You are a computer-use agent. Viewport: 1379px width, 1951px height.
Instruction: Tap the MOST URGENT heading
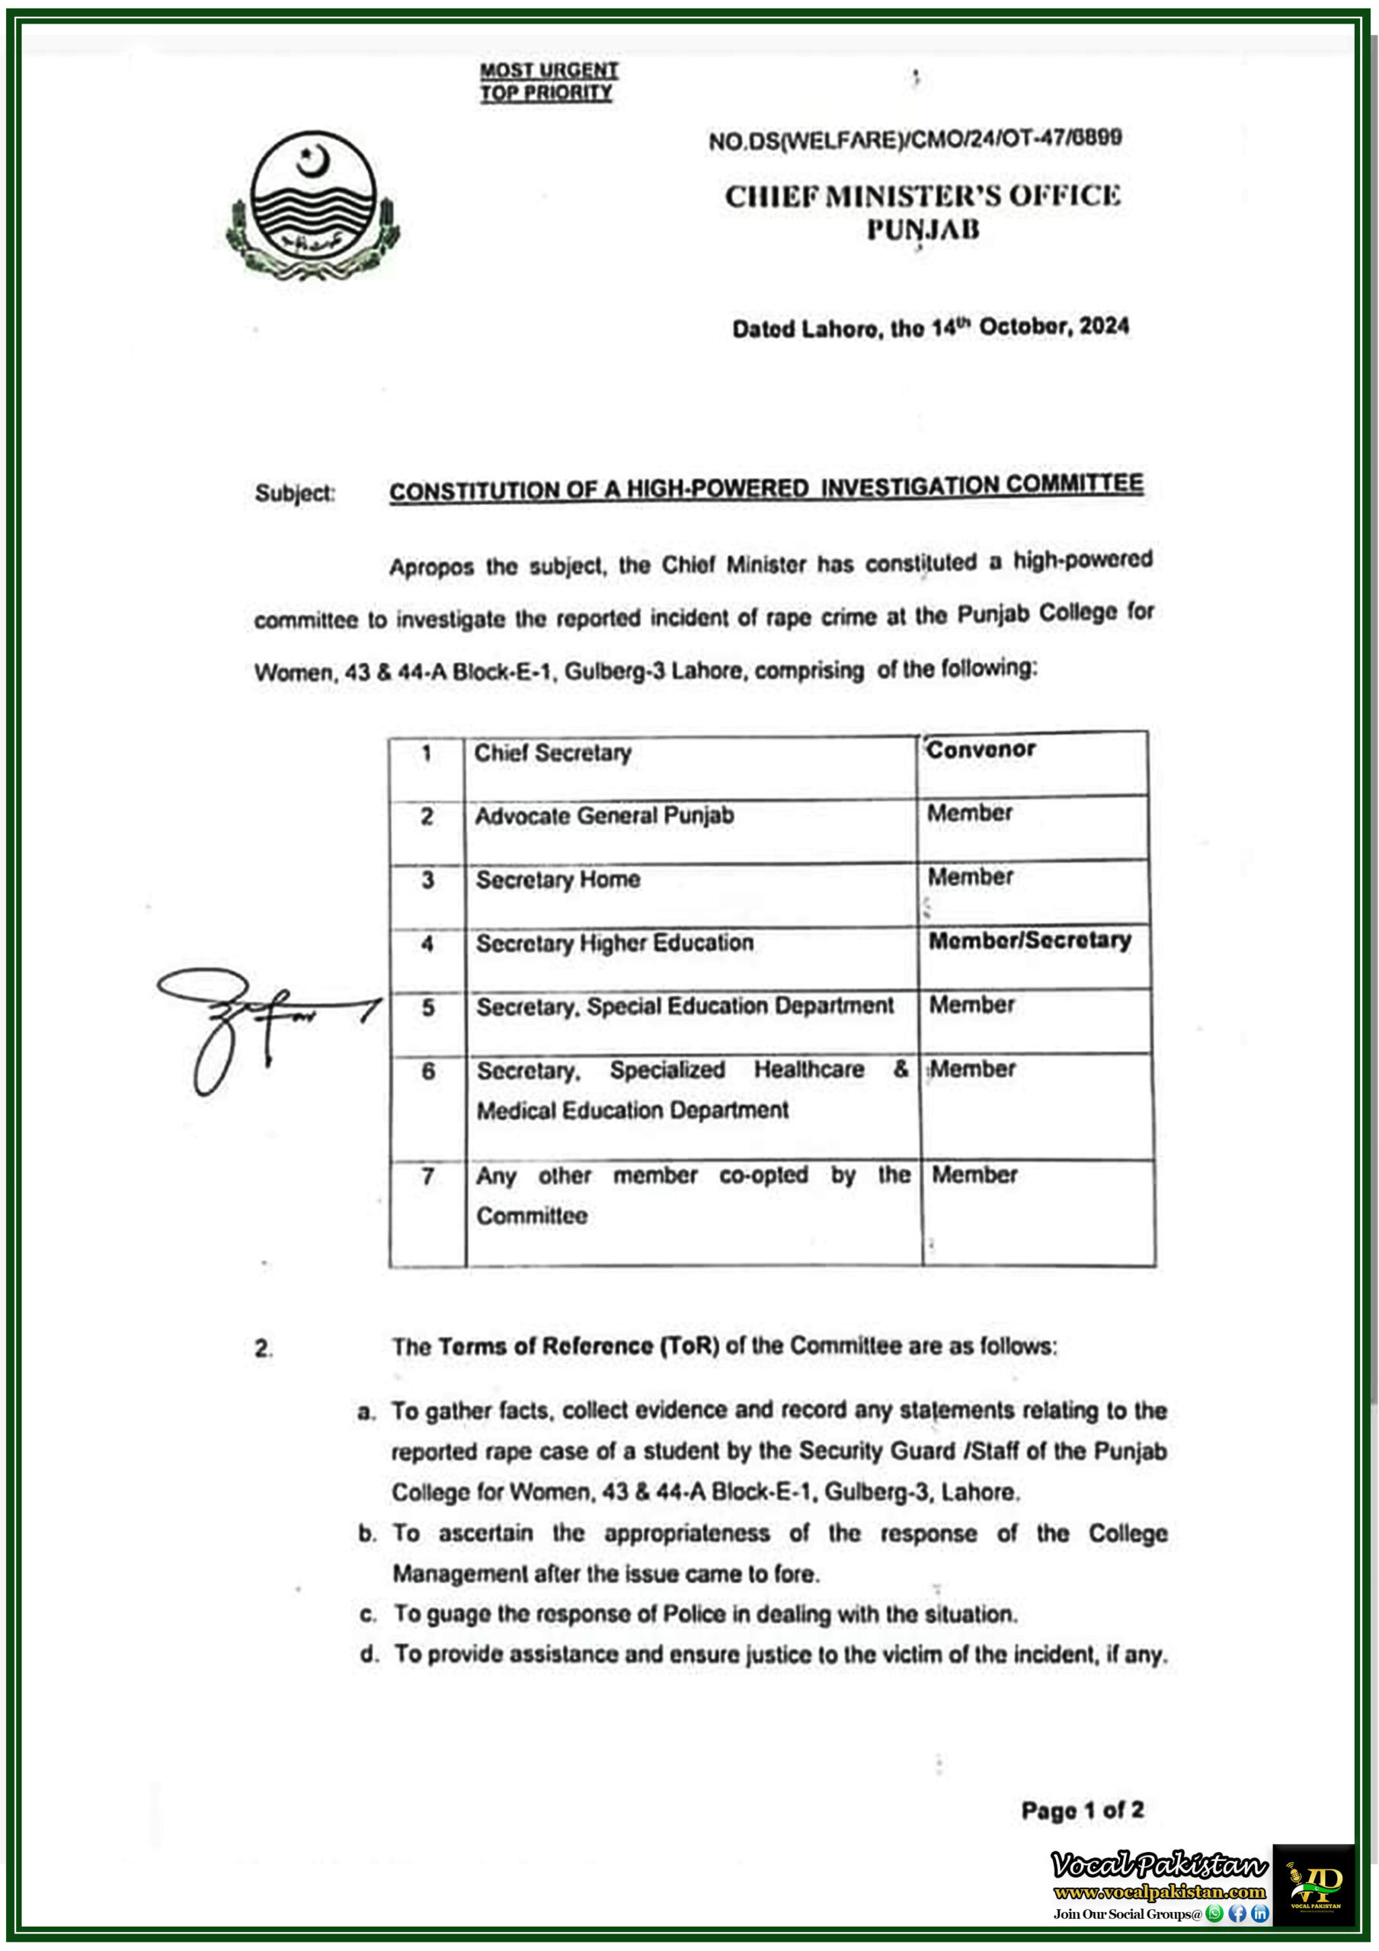pos(549,71)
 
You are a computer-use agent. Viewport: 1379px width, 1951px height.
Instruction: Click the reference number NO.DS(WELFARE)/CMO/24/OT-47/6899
pos(915,139)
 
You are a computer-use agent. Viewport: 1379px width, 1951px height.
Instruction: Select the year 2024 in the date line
pos(1104,326)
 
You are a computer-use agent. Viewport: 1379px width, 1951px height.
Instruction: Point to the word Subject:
pos(295,493)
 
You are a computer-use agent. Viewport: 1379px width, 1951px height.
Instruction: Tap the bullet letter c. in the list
pos(368,1614)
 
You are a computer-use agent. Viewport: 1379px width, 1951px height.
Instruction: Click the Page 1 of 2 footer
pos(1082,1810)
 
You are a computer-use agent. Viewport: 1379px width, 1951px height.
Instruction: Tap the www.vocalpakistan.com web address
pos(1159,1892)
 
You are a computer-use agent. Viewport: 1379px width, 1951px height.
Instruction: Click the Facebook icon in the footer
pos(1237,1914)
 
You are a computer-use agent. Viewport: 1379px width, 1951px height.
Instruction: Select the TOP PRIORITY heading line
pos(546,93)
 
